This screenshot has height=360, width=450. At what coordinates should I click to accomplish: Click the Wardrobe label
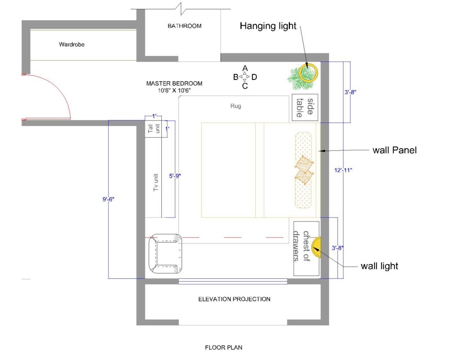[72, 44]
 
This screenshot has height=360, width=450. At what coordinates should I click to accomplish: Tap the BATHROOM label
[185, 26]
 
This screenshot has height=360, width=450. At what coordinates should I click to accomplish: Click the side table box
[305, 107]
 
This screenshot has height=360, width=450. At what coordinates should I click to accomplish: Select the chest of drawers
[306, 249]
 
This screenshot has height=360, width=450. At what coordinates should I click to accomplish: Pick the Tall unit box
[153, 129]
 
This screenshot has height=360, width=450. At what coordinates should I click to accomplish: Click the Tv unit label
[156, 182]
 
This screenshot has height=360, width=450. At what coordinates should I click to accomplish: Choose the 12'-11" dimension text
[343, 170]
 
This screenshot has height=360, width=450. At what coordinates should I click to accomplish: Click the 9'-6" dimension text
[108, 199]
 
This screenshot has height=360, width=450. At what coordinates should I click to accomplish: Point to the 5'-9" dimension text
[175, 176]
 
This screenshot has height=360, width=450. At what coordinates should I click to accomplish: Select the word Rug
[236, 106]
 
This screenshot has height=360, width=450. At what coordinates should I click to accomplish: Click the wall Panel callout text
[395, 150]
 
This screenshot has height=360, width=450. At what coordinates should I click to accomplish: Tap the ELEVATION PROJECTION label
[234, 299]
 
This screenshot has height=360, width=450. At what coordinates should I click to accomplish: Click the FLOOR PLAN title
[224, 348]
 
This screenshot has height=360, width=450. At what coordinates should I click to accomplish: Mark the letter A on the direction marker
[245, 68]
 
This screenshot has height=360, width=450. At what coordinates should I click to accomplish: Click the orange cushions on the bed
[304, 170]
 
